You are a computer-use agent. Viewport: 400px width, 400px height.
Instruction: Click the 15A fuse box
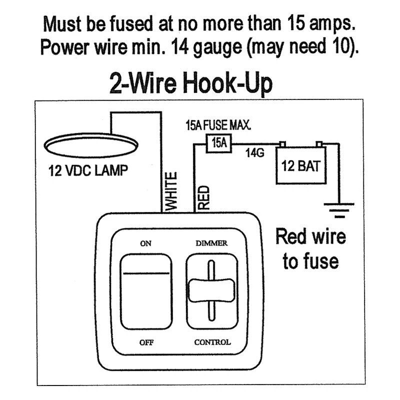coord(219,143)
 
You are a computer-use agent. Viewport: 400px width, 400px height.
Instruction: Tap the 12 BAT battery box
coord(301,165)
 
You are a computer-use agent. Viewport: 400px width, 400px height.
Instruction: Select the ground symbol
coord(339,210)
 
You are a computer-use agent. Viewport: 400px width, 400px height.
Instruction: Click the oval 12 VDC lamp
coord(91,145)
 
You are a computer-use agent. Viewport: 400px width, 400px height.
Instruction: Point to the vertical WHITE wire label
coord(171,191)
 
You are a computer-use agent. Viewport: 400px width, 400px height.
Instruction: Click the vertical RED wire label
coord(203,197)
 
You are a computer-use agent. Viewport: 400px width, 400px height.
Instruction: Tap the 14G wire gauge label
coord(254,153)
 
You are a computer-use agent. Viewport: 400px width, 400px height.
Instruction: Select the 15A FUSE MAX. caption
coord(218,125)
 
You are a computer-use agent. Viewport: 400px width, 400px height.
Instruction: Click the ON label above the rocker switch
coord(145,243)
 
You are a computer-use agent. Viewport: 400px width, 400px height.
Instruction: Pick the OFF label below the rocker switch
coord(146,342)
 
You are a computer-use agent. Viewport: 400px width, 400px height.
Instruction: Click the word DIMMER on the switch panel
coord(211,243)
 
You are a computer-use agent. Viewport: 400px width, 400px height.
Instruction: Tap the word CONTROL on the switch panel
coord(212,342)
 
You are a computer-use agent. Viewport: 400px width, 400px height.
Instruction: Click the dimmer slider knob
coord(211,290)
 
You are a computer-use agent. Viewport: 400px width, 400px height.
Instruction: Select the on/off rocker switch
coord(146,291)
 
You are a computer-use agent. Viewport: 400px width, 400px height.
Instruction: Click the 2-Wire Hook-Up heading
coord(191,83)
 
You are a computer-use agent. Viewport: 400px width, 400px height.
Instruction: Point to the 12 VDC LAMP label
coord(88,170)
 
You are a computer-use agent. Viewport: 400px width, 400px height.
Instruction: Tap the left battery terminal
coord(282,144)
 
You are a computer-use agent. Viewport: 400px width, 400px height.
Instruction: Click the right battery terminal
coord(319,144)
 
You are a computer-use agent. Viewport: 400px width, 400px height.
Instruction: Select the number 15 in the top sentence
coord(296,23)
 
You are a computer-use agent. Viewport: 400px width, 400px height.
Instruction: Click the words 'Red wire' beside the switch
coord(310,236)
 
